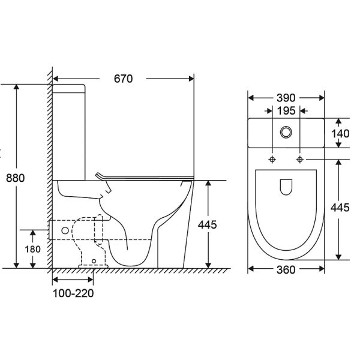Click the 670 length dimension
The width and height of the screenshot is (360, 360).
click(x=123, y=79)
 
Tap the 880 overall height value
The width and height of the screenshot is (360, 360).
click(x=16, y=178)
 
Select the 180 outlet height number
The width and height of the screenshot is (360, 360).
click(x=32, y=249)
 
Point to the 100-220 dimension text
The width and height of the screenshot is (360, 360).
click(x=73, y=293)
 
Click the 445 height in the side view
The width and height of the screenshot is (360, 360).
click(x=208, y=225)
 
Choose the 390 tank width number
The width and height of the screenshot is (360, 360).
click(x=286, y=98)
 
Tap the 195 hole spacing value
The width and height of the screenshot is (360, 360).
click(x=286, y=111)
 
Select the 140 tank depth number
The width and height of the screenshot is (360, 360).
click(x=340, y=133)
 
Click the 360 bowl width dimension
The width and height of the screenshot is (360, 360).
click(x=286, y=270)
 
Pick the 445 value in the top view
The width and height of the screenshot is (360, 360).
click(x=340, y=208)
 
